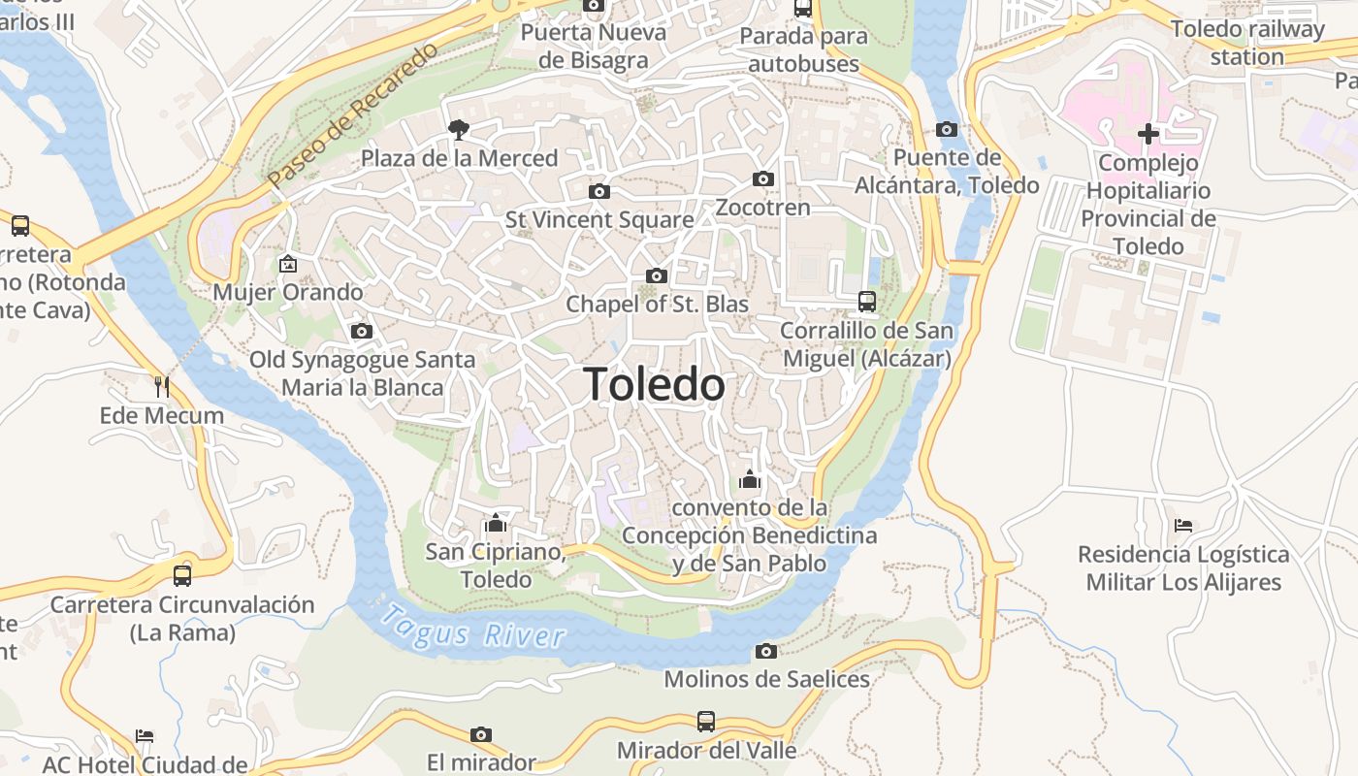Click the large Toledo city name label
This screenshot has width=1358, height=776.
click(654, 385)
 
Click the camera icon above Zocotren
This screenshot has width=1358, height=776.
click(763, 178)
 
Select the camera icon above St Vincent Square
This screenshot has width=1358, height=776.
click(599, 191)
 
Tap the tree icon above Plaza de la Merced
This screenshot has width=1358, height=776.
click(458, 129)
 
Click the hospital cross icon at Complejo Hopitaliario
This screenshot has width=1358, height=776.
click(1148, 134)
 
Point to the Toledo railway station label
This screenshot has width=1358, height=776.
click(1246, 43)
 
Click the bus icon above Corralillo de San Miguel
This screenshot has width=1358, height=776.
click(867, 302)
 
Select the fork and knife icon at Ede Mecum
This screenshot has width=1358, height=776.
click(162, 386)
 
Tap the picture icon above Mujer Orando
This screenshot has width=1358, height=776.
click(287, 263)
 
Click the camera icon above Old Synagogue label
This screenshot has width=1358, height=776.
click(362, 331)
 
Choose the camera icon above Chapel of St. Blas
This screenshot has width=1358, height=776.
click(657, 275)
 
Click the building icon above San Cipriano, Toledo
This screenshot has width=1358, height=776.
click(496, 524)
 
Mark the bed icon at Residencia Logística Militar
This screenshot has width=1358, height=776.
click(1182, 526)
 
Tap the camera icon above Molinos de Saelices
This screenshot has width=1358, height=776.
click(766, 650)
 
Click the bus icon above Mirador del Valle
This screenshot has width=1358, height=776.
click(706, 722)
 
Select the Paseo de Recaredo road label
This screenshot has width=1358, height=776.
click(353, 115)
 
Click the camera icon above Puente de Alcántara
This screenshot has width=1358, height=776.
click(947, 129)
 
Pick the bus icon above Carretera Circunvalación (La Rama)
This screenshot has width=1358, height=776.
click(182, 575)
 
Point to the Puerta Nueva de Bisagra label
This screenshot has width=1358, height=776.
click(594, 46)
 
